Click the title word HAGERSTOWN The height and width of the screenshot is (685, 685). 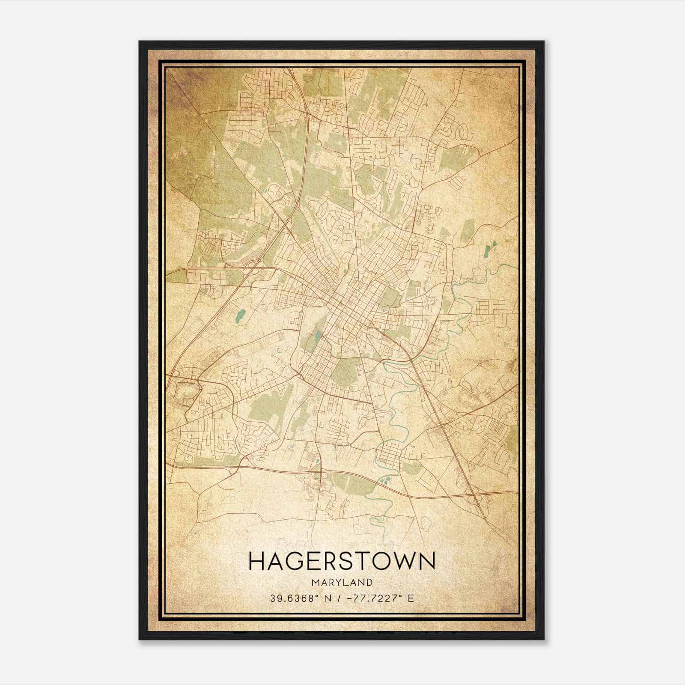point(342,561)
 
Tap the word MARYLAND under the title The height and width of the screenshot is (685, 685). point(342,583)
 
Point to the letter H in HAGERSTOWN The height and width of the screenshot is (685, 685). point(257,561)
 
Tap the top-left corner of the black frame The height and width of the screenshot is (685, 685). point(140,42)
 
